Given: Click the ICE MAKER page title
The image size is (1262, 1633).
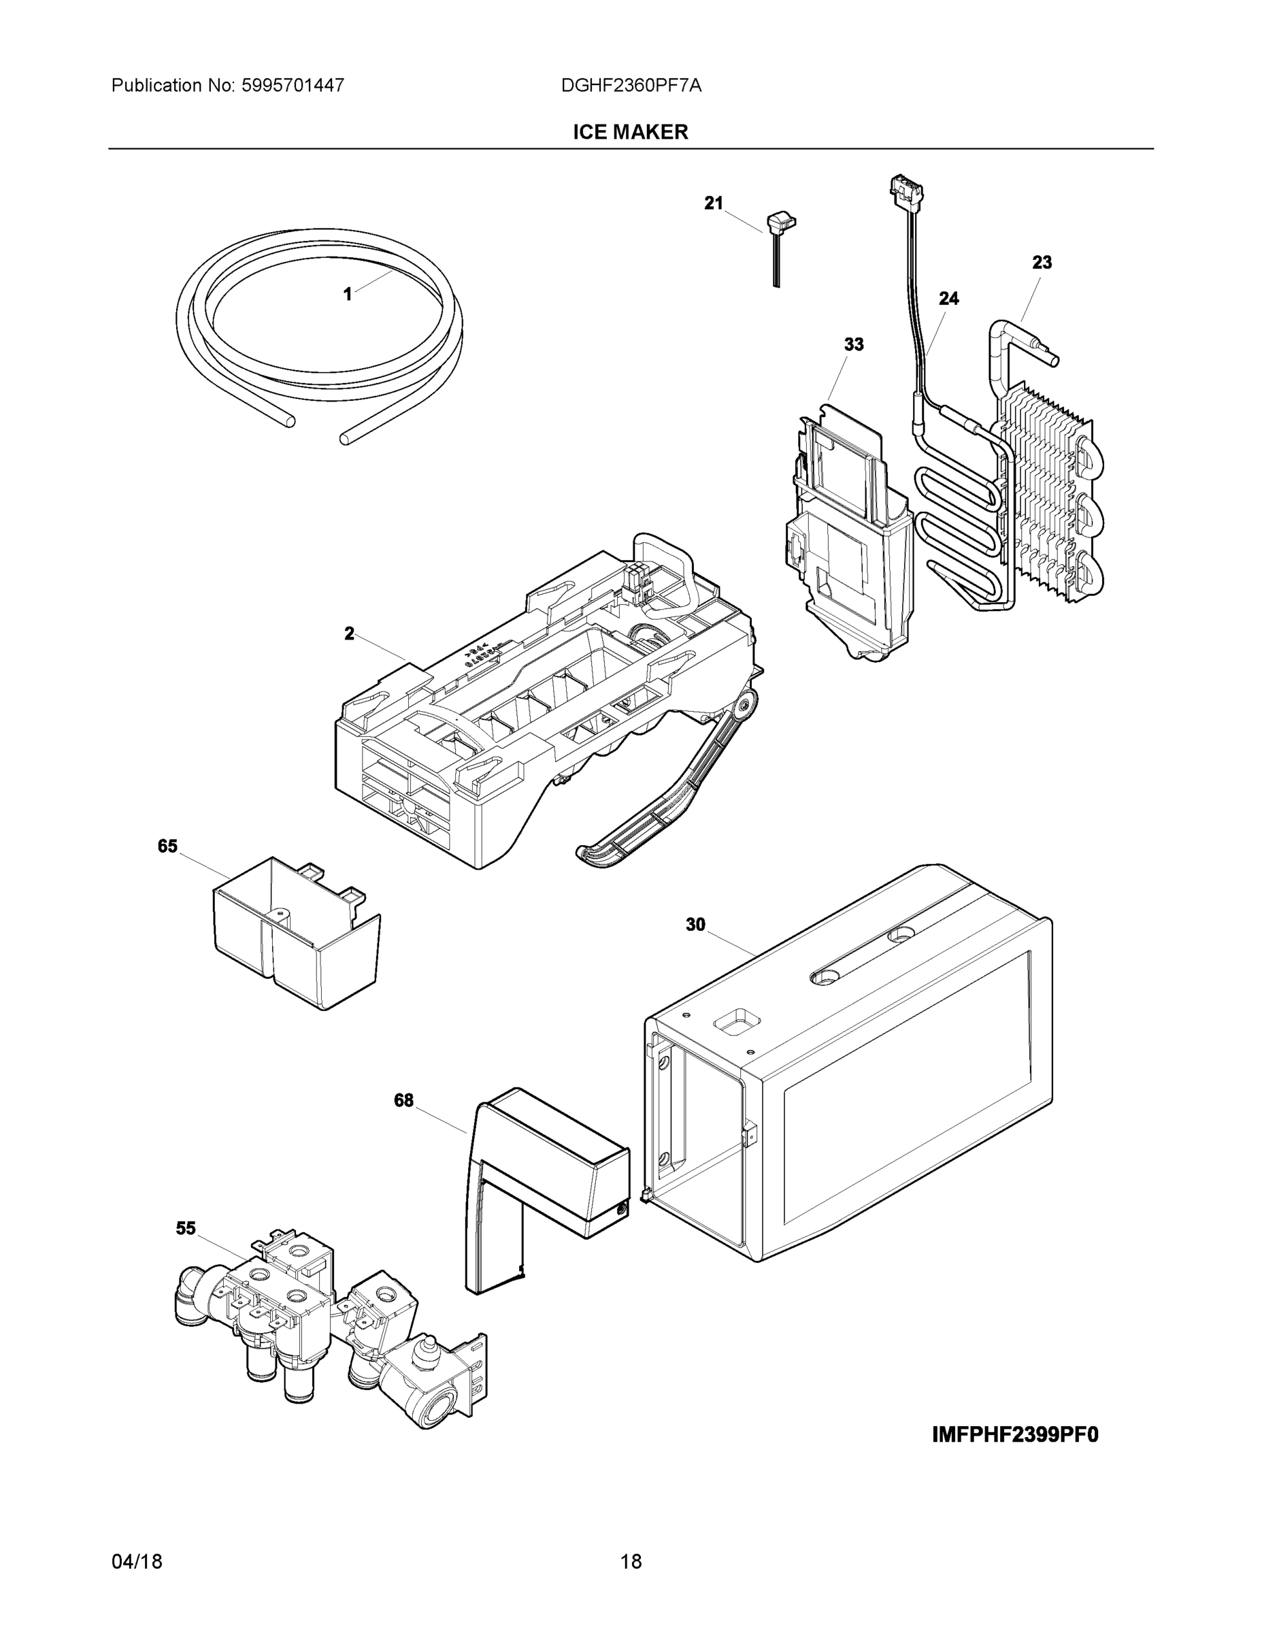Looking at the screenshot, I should tap(630, 133).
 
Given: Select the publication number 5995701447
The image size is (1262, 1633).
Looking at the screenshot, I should tap(293, 86).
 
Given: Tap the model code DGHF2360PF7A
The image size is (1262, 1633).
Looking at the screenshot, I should tap(631, 86).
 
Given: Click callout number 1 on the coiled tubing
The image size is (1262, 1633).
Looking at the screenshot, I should tap(347, 295).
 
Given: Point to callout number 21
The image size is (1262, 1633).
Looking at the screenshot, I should tap(713, 203).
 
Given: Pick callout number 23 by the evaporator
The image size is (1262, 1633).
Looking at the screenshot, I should tap(1042, 263).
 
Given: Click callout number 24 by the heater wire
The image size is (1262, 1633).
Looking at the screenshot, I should tap(948, 298).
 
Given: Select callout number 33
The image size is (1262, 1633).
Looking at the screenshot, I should tap(853, 345).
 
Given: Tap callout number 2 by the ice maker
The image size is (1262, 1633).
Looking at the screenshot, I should tap(349, 634).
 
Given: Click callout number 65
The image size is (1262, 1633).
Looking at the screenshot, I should tap(167, 846).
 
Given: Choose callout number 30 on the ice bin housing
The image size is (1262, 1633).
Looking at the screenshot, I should tap(695, 925).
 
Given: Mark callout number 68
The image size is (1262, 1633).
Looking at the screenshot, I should tap(403, 1101).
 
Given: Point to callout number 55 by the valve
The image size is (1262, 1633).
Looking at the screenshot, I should tap(186, 1228).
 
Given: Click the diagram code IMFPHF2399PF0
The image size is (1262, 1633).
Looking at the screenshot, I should tap(1015, 1435).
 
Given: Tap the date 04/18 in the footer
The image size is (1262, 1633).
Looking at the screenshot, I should tap(137, 1562).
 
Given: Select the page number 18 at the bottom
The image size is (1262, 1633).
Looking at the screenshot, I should tap(631, 1562).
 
